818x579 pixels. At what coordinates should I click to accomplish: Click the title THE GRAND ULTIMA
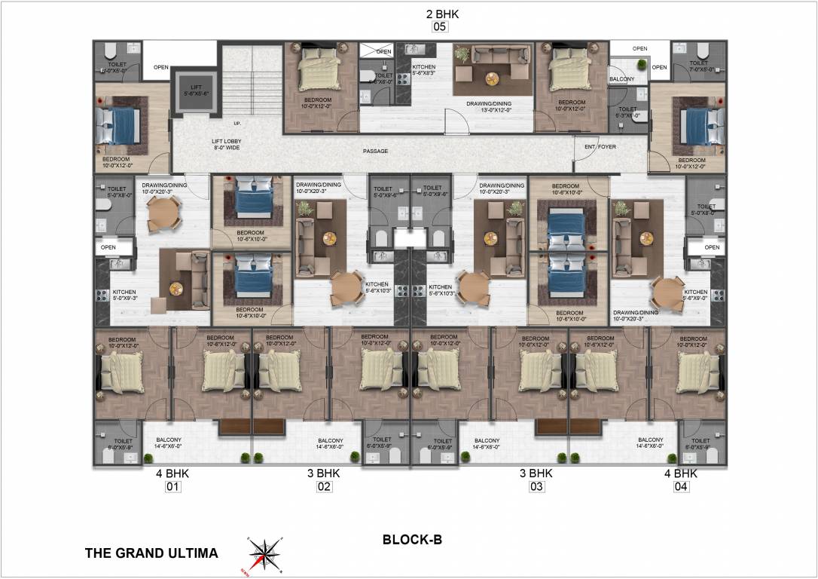point(151,553)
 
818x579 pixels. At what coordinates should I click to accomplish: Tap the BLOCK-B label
point(411,540)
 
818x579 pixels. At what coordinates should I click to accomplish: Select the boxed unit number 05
point(440,27)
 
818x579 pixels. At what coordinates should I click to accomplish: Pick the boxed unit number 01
point(173,487)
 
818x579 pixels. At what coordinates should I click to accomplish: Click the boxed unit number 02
point(324,487)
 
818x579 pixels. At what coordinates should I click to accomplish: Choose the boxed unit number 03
point(536,487)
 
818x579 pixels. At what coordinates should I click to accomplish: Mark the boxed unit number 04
point(681,487)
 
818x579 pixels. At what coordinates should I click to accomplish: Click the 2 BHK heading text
point(441,14)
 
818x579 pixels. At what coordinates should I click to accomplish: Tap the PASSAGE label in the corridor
point(375,152)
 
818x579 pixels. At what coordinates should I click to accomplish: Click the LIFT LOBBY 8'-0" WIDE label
point(226,145)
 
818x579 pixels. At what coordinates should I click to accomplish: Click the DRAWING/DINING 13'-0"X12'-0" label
point(493,106)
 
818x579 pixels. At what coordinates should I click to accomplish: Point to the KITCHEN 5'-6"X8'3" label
point(423,70)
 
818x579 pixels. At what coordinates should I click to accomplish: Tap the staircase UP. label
point(237,124)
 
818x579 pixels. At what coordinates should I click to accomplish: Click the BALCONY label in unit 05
point(621,78)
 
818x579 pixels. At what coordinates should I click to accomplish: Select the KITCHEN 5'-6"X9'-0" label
point(695,295)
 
